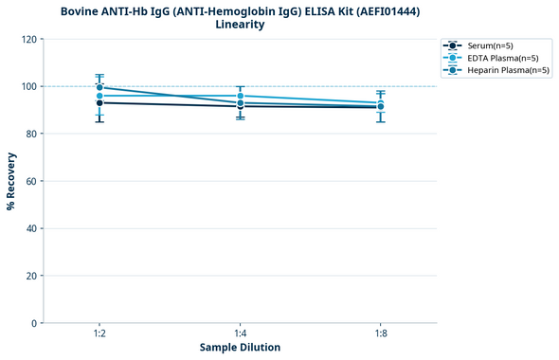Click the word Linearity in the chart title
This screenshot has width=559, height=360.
240,25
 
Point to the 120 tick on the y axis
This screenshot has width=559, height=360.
28,39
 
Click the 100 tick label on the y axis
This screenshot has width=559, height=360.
28,86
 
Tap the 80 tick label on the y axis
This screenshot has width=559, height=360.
31,134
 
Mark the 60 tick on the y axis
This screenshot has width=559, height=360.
31,181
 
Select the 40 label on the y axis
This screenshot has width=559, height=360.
31,228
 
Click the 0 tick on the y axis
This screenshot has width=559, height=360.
34,323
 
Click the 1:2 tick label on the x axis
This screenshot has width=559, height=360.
99,333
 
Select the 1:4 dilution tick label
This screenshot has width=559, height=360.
240,333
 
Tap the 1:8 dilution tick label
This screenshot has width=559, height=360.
380,333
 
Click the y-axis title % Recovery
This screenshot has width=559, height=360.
11,181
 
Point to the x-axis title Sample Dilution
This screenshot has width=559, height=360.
240,348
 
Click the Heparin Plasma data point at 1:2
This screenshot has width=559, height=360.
99,87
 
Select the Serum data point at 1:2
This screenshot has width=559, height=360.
99,102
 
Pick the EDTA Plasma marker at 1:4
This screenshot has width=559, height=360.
240,96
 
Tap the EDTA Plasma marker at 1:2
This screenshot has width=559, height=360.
99,96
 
